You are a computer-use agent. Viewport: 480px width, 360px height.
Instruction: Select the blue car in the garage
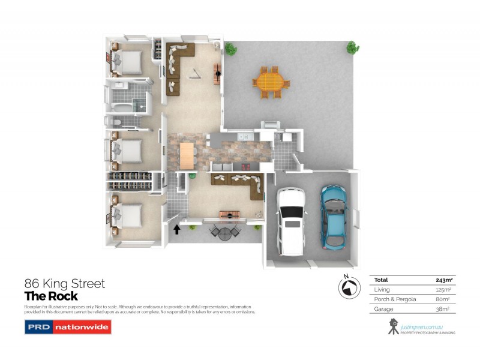[x=334, y=217]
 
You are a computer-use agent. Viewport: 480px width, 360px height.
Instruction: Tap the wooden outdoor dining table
[x=270, y=81]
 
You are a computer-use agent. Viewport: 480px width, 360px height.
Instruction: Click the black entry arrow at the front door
[x=177, y=229]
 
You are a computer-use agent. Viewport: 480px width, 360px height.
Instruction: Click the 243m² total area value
[x=445, y=280]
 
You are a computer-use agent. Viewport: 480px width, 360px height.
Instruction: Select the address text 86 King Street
[x=64, y=283]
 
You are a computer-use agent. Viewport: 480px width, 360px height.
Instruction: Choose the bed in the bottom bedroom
[x=126, y=214]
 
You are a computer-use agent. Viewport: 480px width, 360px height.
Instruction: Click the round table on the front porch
[x=224, y=233]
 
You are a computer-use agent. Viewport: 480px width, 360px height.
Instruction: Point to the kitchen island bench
[x=188, y=155]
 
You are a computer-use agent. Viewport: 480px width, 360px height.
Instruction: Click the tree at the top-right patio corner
[x=352, y=47]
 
